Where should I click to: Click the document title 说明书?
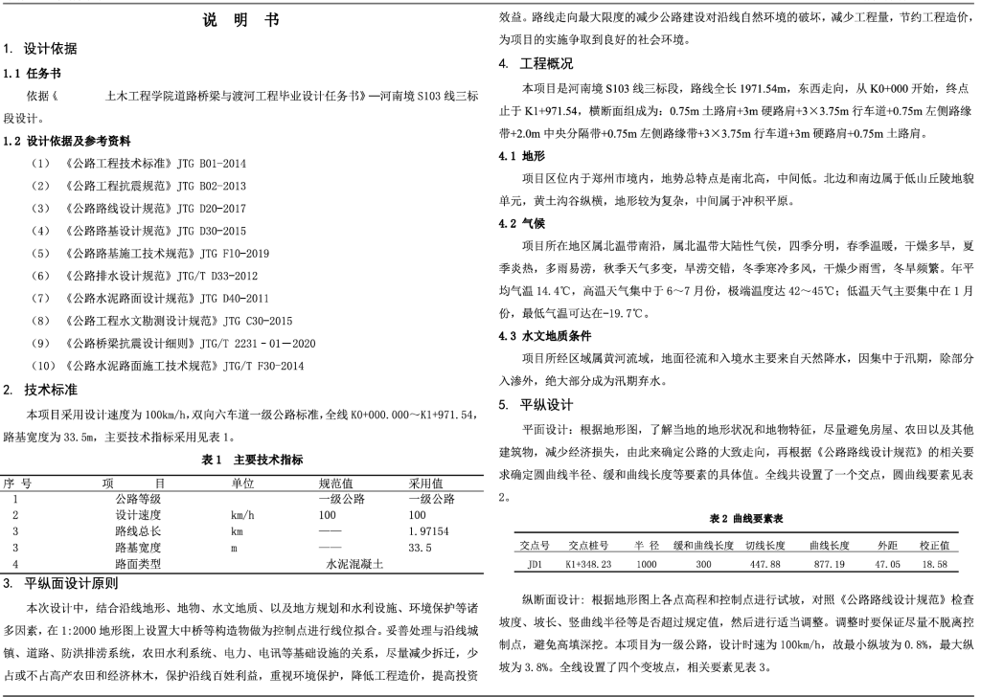coord(241,20)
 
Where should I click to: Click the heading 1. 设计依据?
coord(44,49)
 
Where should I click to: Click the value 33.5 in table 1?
coord(420,548)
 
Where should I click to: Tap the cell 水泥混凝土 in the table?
coord(354,565)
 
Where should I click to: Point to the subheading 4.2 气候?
coord(521,223)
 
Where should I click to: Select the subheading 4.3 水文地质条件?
coord(548,336)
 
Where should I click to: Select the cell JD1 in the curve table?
coord(535,564)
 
